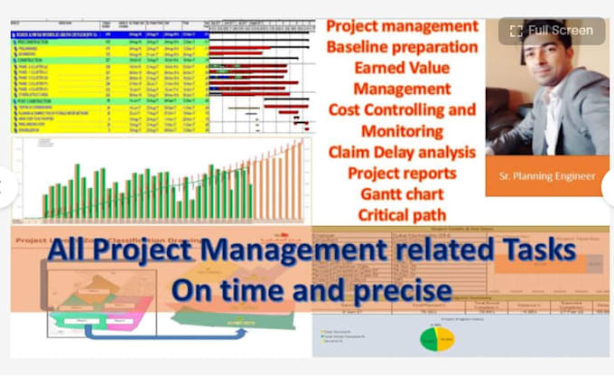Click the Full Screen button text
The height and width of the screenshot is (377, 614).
561,31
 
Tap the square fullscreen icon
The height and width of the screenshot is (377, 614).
516,31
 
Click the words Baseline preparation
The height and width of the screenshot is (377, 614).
403,46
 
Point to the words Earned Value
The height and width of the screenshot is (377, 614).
402,68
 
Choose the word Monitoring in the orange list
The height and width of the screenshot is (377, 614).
402,130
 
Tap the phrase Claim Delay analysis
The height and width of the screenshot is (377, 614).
402,152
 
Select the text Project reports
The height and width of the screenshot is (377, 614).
402,173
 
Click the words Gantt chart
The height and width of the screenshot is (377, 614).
402,193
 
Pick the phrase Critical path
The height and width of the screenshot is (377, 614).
402,215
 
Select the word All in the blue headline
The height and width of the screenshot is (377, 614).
70,251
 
